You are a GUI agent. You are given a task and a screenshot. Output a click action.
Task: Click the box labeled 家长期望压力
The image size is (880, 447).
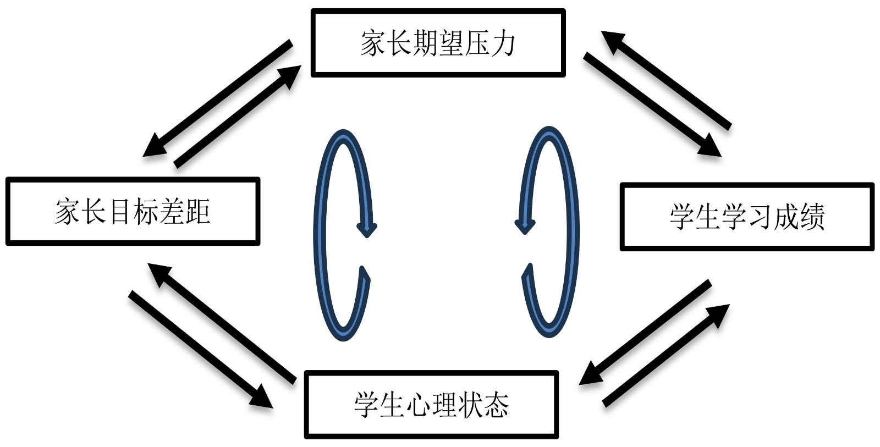pyautogui.click(x=438, y=42)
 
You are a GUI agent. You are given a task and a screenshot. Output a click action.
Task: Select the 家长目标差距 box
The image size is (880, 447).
pyautogui.click(x=132, y=211)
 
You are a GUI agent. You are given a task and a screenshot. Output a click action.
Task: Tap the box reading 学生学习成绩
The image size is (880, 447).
pyautogui.click(x=746, y=217)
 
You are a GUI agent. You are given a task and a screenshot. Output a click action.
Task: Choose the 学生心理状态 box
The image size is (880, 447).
pyautogui.click(x=431, y=405)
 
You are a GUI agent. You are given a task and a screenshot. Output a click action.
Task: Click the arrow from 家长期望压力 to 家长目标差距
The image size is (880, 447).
pyautogui.click(x=217, y=98)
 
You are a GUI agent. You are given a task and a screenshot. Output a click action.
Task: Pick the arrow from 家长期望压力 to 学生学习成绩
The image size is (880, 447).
pyautogui.click(x=652, y=104)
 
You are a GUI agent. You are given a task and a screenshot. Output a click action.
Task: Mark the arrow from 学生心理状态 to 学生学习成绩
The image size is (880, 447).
pyautogui.click(x=666, y=355)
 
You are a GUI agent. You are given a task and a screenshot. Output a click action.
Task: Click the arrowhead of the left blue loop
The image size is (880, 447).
pyautogui.click(x=366, y=228)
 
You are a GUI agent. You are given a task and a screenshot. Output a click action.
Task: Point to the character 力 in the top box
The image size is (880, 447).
pyautogui.click(x=503, y=43)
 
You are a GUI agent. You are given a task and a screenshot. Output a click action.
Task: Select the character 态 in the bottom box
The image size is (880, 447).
pyautogui.click(x=497, y=405)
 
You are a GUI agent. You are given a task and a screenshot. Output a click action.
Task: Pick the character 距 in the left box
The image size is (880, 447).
pyautogui.click(x=197, y=212)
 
